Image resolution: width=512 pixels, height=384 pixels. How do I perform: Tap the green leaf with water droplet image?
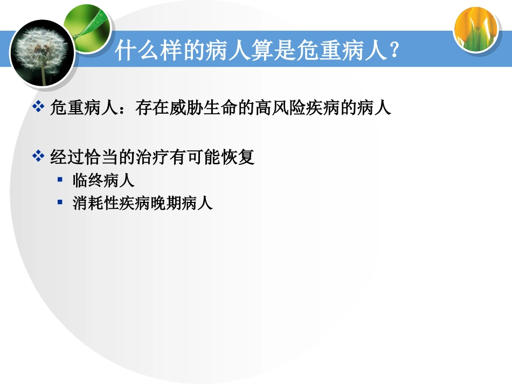pyautogui.click(x=87, y=27)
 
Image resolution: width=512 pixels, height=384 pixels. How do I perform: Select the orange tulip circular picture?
pyautogui.click(x=475, y=29)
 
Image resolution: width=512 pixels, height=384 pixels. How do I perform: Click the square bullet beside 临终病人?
pyautogui.click(x=60, y=179)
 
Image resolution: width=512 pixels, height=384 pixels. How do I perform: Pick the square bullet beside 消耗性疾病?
pyautogui.click(x=60, y=203)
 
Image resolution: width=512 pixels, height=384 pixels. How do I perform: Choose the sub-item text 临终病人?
pyautogui.click(x=103, y=180)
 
